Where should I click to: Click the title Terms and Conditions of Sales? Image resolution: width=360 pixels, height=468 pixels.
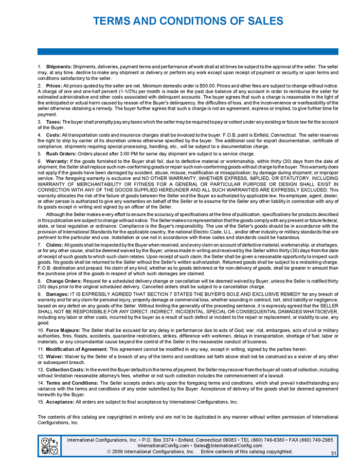pyautogui.click(x=188, y=21)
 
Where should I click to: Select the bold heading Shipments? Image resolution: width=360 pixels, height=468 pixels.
pyautogui.click(x=59, y=66)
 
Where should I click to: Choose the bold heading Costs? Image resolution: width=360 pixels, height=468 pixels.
pyautogui.click(x=53, y=134)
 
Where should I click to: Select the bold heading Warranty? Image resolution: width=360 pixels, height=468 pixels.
pyautogui.click(x=57, y=161)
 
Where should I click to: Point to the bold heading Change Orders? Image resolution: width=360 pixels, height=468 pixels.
pyautogui.click(x=64, y=281)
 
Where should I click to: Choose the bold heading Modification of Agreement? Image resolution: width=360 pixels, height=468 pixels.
pyautogui.click(x=76, y=350)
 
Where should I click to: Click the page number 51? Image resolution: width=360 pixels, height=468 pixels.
pyautogui.click(x=334, y=453)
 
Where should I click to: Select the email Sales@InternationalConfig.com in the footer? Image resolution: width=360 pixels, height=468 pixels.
pyautogui.click(x=228, y=446)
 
